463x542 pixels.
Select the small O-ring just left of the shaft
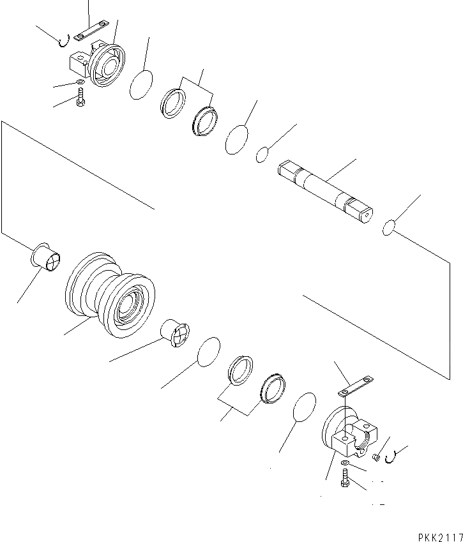click(x=262, y=154)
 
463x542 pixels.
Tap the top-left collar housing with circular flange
click(x=99, y=62)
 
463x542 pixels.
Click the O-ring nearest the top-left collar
click(x=141, y=85)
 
